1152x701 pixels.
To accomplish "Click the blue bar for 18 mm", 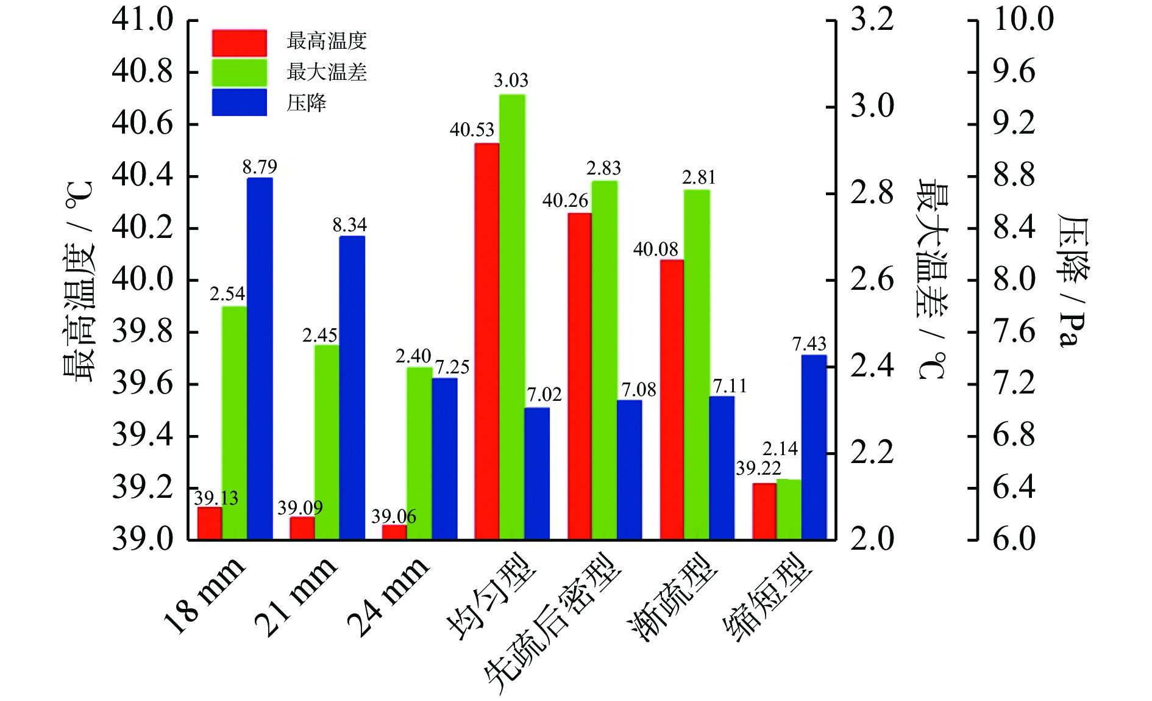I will pyautogui.click(x=260, y=359).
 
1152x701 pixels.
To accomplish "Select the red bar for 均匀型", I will pyautogui.click(x=487, y=341).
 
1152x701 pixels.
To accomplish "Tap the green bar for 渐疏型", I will pyautogui.click(x=697, y=364).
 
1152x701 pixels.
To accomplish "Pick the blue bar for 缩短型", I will pyautogui.click(x=814, y=447).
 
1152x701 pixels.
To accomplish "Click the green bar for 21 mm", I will pyautogui.click(x=327, y=442).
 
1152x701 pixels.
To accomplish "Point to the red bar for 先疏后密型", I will pyautogui.click(x=580, y=376).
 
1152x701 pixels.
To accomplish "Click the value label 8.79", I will pyautogui.click(x=260, y=167).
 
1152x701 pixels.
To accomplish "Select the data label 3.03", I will pyautogui.click(x=511, y=81).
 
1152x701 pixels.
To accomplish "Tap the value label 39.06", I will pyautogui.click(x=394, y=517).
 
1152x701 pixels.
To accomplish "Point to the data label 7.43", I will pyautogui.click(x=809, y=344).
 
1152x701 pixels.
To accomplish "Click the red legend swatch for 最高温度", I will pyautogui.click(x=240, y=43).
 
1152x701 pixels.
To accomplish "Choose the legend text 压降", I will pyautogui.click(x=307, y=103).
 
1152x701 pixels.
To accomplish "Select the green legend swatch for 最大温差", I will pyautogui.click(x=240, y=73).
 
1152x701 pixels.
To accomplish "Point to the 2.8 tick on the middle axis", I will pyautogui.click(x=872, y=193).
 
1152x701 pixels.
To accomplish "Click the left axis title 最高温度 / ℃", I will pyautogui.click(x=79, y=281).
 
